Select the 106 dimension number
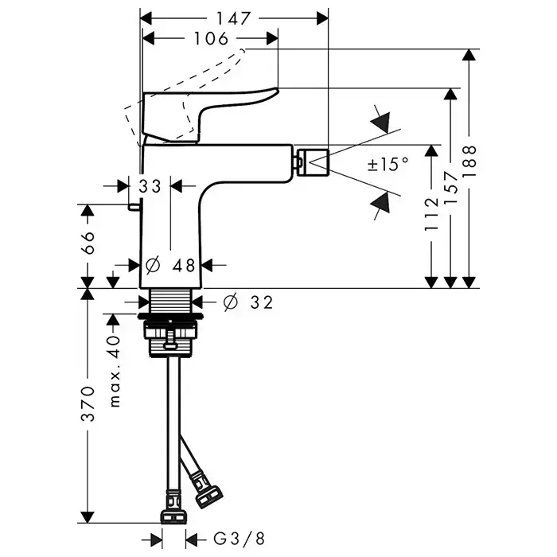pyautogui.click(x=211, y=38)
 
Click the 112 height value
pyautogui.click(x=430, y=214)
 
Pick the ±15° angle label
pyautogui.click(x=388, y=165)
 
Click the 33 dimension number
pyautogui.click(x=150, y=186)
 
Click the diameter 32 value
pyautogui.click(x=249, y=302)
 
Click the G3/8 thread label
pyautogui.click(x=232, y=538)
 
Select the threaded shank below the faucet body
pyautogui.click(x=172, y=302)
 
